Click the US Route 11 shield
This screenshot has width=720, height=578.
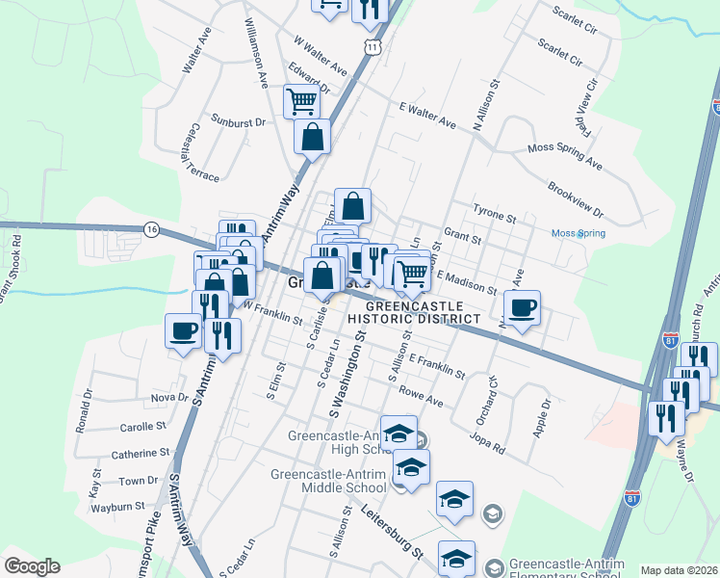(372, 47)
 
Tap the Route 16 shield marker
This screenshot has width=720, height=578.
(151, 229)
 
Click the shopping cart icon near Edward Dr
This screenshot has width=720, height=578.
(301, 100)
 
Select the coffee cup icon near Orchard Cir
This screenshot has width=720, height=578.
(522, 308)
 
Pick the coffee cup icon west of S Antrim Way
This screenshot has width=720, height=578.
(183, 331)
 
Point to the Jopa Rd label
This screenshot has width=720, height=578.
(486, 441)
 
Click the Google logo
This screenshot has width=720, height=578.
(32, 565)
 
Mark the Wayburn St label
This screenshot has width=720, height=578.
(118, 506)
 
